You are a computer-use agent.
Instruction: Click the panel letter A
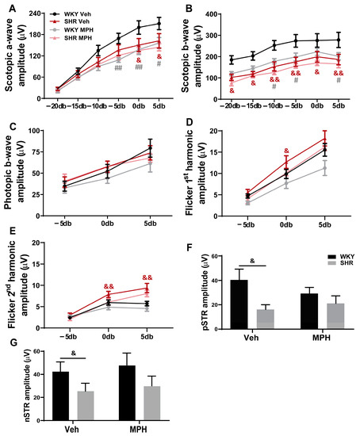point(6,6)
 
